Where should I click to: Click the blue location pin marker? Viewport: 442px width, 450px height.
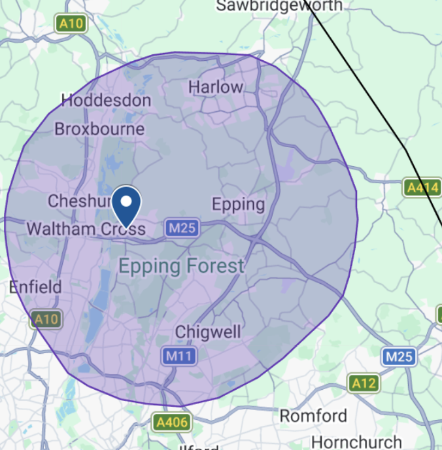(x=127, y=205)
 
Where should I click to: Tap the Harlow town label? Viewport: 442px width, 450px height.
(x=215, y=87)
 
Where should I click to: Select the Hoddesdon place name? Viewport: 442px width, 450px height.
(x=106, y=101)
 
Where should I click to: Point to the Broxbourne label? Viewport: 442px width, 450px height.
(x=99, y=129)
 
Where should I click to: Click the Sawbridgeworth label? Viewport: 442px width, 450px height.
(x=279, y=6)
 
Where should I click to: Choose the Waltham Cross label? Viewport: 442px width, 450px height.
(x=86, y=229)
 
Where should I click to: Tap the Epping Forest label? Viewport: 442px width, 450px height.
(x=181, y=266)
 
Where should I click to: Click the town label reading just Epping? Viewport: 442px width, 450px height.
(x=238, y=205)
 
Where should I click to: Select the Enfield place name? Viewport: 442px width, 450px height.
(x=35, y=286)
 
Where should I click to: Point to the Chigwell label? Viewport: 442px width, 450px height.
(x=209, y=332)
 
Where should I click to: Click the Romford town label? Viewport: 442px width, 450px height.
(x=313, y=416)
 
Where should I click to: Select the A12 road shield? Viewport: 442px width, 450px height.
(x=363, y=383)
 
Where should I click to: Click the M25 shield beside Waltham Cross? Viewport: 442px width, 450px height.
(x=181, y=228)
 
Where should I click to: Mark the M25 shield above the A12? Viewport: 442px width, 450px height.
(x=398, y=356)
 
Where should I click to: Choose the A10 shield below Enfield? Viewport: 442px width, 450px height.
(x=46, y=319)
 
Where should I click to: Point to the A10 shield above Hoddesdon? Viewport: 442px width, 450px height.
(x=71, y=24)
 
